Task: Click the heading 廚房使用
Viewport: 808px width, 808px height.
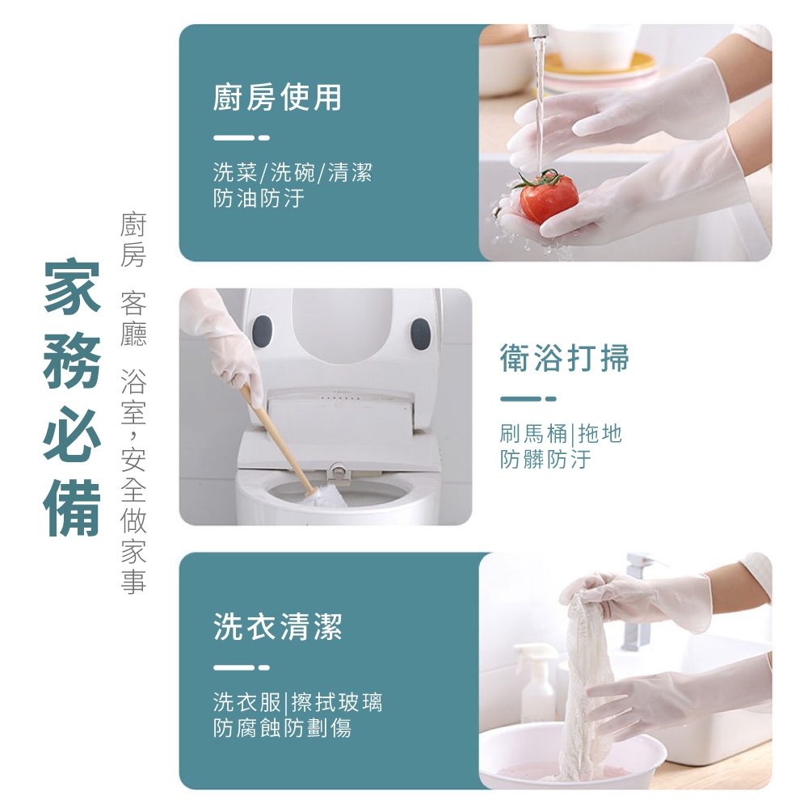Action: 277,98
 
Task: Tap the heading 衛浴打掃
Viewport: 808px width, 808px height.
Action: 564,358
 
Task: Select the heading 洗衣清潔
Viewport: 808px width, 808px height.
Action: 277,627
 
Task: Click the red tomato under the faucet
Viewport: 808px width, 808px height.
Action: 548,196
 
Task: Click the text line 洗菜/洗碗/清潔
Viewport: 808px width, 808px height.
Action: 292,172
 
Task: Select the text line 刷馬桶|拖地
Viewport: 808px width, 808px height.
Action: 561,433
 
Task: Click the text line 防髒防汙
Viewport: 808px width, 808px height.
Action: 545,459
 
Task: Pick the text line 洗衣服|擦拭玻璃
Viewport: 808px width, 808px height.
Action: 298,702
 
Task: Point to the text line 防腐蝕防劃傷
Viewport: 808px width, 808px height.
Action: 282,728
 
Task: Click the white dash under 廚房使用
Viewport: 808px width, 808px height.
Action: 241,137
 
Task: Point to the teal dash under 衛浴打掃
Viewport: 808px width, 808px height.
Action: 528,398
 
